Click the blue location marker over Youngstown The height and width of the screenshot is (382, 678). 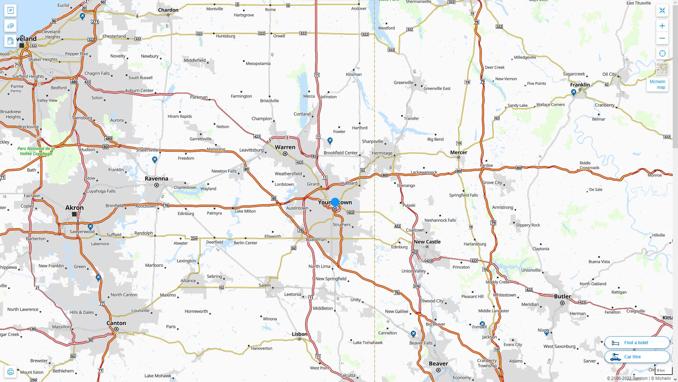click(x=335, y=202)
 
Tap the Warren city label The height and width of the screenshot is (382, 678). click(x=285, y=147)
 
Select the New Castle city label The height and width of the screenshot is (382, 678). click(x=427, y=242)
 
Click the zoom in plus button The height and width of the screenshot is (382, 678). click(x=662, y=26)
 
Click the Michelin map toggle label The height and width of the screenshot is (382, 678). click(x=657, y=84)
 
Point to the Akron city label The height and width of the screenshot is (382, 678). click(x=75, y=208)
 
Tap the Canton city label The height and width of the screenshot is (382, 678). click(x=116, y=323)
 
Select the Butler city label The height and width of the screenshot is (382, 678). click(x=562, y=296)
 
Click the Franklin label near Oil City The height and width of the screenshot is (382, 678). click(x=580, y=85)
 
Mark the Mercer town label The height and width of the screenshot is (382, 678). click(x=458, y=152)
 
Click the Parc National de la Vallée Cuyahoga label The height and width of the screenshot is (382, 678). click(x=36, y=151)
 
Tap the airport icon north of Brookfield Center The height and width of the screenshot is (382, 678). click(x=330, y=141)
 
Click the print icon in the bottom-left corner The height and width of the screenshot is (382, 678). click(x=10, y=372)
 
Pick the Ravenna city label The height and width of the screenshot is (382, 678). click(x=156, y=179)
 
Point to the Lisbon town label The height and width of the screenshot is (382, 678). click(x=299, y=334)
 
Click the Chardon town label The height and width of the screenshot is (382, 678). click(x=168, y=10)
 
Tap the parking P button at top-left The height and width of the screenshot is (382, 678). click(x=10, y=10)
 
